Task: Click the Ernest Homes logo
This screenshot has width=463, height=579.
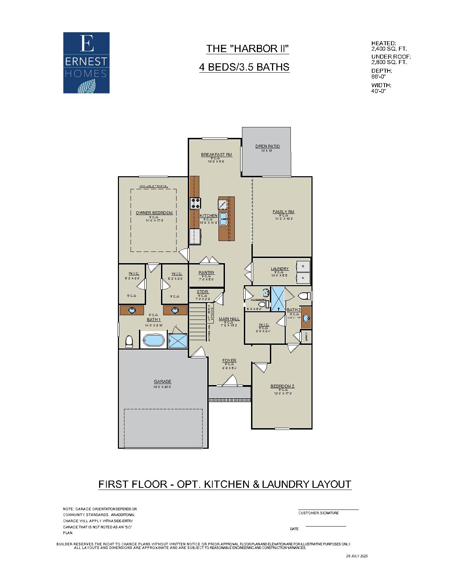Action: pyautogui.click(x=86, y=63)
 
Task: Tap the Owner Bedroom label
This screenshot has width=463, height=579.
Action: pyautogui.click(x=154, y=213)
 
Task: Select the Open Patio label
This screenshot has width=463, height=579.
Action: pyautogui.click(x=267, y=146)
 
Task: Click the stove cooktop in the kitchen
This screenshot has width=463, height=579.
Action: pyautogui.click(x=195, y=203)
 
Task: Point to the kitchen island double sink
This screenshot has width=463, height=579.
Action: pyautogui.click(x=223, y=219)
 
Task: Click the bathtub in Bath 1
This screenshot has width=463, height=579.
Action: pyautogui.click(x=154, y=341)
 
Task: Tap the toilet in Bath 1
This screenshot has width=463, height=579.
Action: pyautogui.click(x=129, y=341)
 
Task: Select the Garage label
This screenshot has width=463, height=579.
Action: pyautogui.click(x=162, y=381)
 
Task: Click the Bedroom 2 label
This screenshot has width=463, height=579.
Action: pyautogui.click(x=282, y=386)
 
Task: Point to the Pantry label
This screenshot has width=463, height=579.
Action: pyautogui.click(x=206, y=272)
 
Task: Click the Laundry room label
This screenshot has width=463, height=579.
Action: pyautogui.click(x=280, y=269)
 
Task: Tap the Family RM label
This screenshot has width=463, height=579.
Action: pyautogui.click(x=283, y=212)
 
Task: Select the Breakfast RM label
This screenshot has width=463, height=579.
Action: pyautogui.click(x=216, y=155)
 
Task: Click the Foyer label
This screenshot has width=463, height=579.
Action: pyautogui.click(x=229, y=360)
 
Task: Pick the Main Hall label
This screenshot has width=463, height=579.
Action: pyautogui.click(x=229, y=319)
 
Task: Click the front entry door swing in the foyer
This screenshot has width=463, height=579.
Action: pyautogui.click(x=230, y=381)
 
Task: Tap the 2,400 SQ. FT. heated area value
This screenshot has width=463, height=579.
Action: pyautogui.click(x=389, y=48)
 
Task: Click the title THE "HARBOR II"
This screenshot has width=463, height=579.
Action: pyautogui.click(x=247, y=48)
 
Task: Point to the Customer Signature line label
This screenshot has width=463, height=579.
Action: pyautogui.click(x=318, y=513)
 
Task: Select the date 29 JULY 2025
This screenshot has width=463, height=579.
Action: pyautogui.click(x=356, y=556)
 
